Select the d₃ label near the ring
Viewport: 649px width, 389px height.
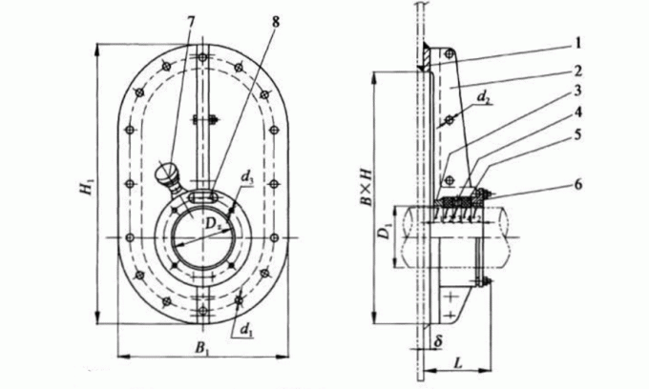[246, 177]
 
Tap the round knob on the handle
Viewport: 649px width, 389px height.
[163, 173]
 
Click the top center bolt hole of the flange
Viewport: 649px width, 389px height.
[202, 57]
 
